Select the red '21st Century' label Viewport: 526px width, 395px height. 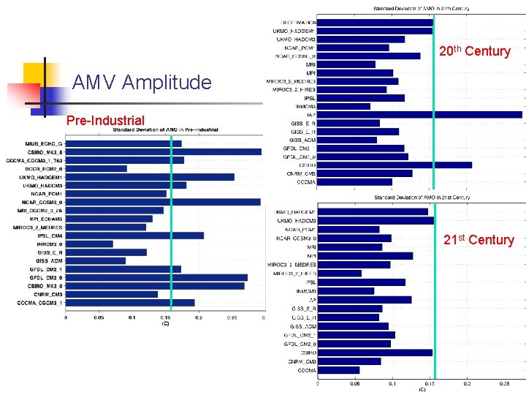(479, 240)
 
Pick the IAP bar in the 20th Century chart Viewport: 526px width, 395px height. (420, 114)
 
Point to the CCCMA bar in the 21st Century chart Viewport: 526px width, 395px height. (338, 370)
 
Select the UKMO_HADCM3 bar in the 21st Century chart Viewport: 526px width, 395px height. (376, 220)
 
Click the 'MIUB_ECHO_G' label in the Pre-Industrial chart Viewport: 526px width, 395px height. (44, 143)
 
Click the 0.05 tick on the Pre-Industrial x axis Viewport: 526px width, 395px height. (99, 318)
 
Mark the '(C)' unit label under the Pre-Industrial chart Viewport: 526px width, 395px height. (165, 323)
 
